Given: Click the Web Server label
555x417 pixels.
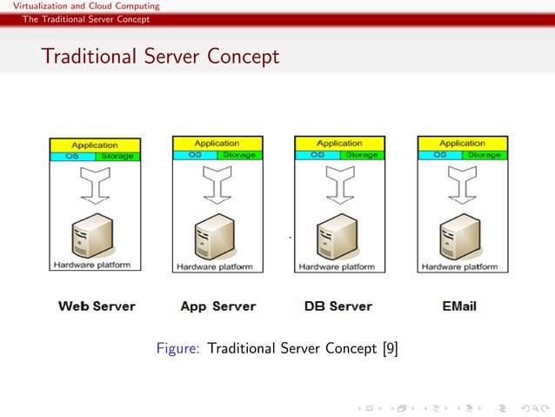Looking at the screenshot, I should click(x=97, y=306).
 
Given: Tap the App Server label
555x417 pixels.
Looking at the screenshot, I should click(x=218, y=306).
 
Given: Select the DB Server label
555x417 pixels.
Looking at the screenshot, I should click(x=338, y=306).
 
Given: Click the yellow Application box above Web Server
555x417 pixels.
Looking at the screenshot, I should click(x=95, y=145).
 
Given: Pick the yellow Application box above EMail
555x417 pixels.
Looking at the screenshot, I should click(x=462, y=144).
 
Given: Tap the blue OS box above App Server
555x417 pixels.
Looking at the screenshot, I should click(x=194, y=155).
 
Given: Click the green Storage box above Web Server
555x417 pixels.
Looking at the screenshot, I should click(x=117, y=157).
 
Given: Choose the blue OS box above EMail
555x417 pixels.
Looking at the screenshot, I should click(x=439, y=155).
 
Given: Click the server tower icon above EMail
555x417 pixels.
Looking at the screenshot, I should click(x=460, y=237).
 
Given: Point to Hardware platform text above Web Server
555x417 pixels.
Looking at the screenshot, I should click(x=92, y=265).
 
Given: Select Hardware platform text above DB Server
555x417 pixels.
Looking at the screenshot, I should click(x=338, y=267).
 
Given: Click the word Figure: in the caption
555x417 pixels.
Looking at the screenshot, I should click(x=178, y=349).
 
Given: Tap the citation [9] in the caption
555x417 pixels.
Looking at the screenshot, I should click(x=390, y=349).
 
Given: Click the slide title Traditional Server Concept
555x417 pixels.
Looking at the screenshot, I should click(x=160, y=57).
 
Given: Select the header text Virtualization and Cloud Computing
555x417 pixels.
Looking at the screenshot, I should click(x=80, y=6).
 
